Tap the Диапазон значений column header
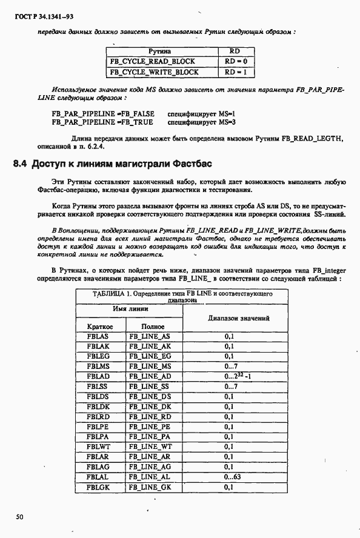[238, 317]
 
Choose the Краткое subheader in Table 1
[100, 326]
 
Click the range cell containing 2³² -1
[238, 376]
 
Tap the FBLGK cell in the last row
[98, 487]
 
